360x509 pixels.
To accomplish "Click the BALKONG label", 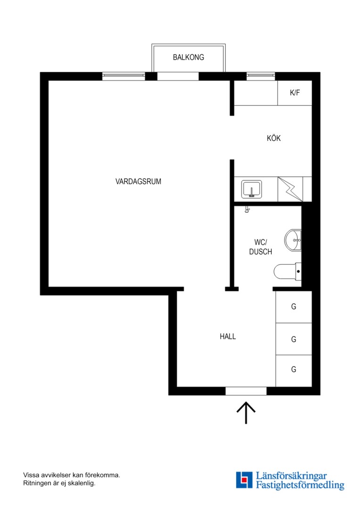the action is click(188, 57).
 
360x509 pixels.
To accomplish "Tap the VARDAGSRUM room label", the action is click(138, 181).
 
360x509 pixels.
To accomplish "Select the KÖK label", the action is click(274, 138).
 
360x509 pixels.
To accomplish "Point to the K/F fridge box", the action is click(295, 93).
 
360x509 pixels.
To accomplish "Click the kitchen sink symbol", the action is click(252, 189).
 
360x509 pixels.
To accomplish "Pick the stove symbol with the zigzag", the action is click(291, 189).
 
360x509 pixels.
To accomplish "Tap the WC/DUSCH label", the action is click(261, 247).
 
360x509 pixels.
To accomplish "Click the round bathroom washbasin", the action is click(293, 240).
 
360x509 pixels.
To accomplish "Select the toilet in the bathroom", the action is click(287, 271).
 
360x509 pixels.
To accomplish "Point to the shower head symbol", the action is click(247, 209).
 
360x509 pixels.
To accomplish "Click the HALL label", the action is click(228, 337).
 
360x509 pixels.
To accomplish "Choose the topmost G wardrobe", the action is click(294, 307).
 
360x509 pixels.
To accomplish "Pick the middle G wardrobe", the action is click(294, 339).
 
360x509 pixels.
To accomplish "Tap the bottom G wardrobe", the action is click(294, 371).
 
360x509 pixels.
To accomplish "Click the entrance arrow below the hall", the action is click(246, 412).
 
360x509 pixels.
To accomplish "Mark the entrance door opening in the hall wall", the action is click(246, 391).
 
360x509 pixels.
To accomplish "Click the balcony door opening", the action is click(178, 76).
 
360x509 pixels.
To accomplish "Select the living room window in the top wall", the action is click(123, 76).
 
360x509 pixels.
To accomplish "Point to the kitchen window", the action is click(261, 76).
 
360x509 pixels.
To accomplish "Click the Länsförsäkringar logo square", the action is click(244, 480).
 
